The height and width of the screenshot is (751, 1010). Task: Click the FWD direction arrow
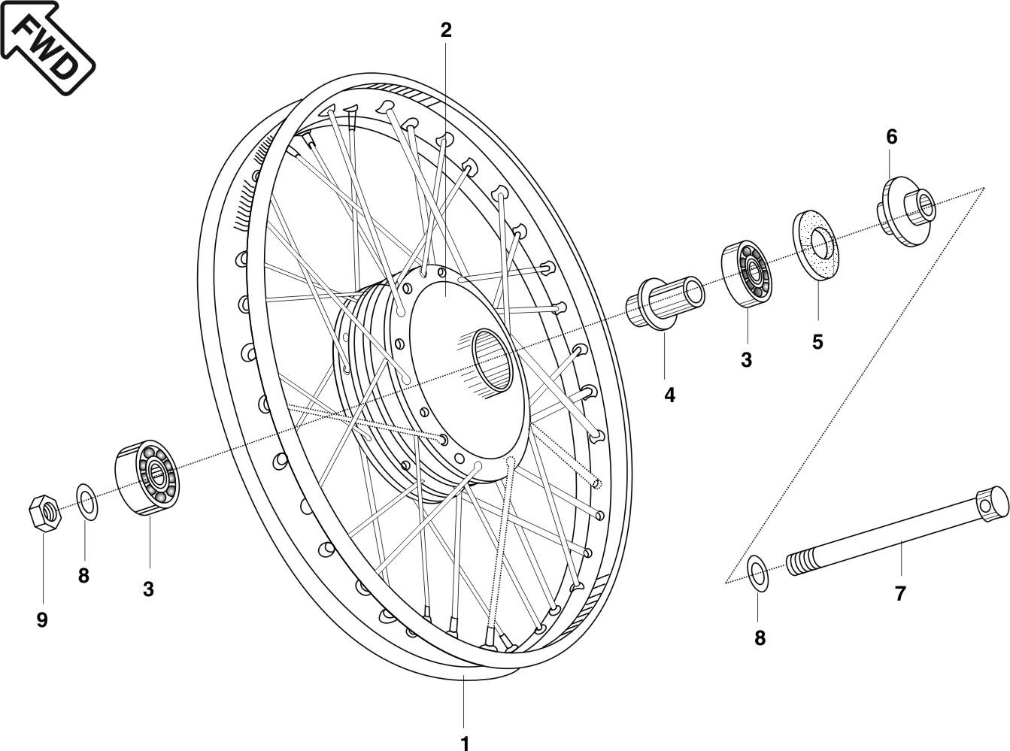47,47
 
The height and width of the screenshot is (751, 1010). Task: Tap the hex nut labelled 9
44,513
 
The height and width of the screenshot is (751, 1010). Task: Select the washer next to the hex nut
86,502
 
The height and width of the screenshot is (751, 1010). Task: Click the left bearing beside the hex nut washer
146,477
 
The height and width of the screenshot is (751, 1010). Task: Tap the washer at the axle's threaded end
758,572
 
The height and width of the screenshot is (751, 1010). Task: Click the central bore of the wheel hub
493,361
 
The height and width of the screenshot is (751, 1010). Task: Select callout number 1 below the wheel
465,742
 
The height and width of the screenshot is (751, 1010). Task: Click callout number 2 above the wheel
446,30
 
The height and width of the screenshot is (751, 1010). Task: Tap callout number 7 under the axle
900,594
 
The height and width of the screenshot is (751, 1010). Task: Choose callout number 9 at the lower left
42,620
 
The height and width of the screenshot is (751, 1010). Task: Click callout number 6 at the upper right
891,137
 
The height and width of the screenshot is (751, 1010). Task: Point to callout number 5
817,342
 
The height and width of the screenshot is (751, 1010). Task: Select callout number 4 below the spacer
669,395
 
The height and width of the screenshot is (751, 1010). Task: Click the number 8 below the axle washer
760,638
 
